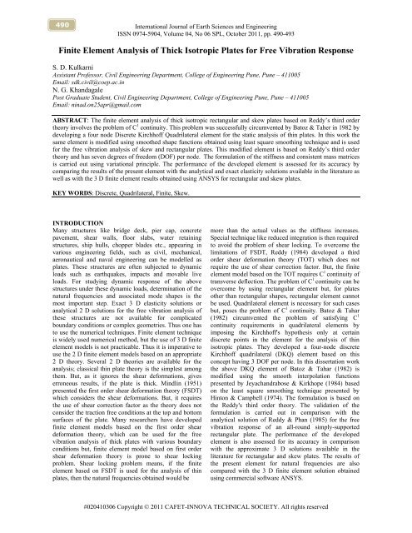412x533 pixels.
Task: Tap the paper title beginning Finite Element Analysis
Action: point(206,48)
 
